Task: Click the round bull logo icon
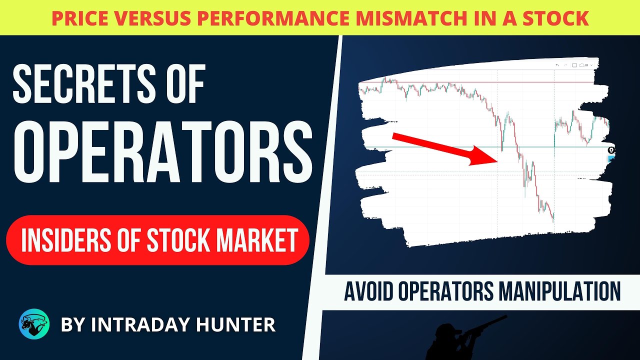click(x=34, y=324)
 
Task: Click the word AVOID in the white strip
click(x=367, y=290)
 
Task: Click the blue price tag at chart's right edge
click(x=611, y=158)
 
